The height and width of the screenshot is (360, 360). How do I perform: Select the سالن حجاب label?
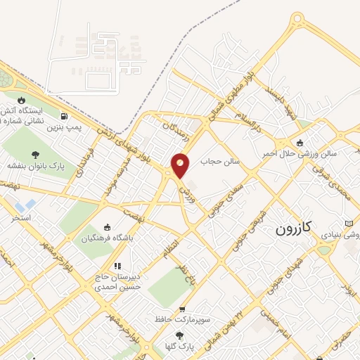click(220, 161)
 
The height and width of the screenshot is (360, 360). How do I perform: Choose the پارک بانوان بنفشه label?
click(36, 166)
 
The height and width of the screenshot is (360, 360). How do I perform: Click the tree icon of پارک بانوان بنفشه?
click(36, 155)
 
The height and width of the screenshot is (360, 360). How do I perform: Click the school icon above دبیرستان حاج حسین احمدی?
click(117, 266)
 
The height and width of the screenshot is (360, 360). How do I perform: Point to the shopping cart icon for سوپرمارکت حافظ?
click(182, 309)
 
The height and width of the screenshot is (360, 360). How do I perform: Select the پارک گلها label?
click(180, 346)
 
